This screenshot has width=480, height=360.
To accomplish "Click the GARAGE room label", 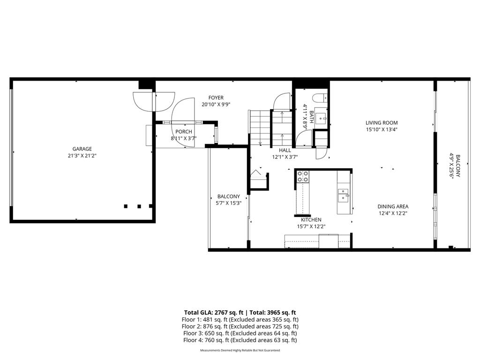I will pos(82,149).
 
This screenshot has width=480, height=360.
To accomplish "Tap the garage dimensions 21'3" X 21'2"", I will pos(82,156).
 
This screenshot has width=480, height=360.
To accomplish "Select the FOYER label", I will pos(216,97).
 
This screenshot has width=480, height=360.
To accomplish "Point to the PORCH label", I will pos(183,132).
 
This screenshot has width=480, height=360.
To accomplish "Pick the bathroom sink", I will pos(322,117).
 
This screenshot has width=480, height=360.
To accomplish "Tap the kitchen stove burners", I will pos(303,176).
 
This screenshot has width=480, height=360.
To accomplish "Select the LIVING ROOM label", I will pos(382,123).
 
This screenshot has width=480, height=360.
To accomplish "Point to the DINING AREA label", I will pos(393,206).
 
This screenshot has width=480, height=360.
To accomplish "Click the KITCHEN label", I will pos(311,219).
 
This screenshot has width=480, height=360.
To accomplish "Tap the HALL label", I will pos(285,150).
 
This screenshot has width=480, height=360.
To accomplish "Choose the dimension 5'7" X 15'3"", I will pos(228,203).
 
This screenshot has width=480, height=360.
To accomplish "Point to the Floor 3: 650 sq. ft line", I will pos(240,333).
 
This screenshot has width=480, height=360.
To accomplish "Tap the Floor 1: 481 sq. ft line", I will pos(240,319).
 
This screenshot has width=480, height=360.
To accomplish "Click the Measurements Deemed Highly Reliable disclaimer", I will pos(240,350).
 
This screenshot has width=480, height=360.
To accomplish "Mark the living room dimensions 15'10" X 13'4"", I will pos(382,130).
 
